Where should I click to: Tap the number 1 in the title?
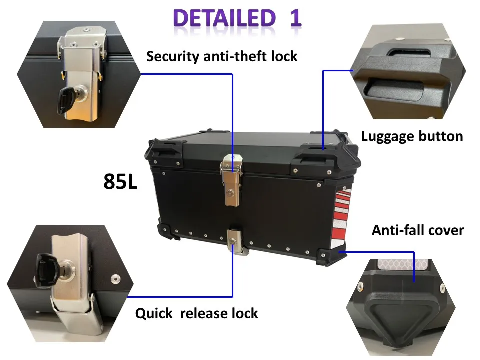(295, 18)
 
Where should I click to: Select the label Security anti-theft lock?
(222, 56)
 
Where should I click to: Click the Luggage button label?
(412, 136)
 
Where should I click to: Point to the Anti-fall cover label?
(418, 230)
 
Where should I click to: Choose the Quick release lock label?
(197, 314)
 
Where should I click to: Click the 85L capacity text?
(120, 182)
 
